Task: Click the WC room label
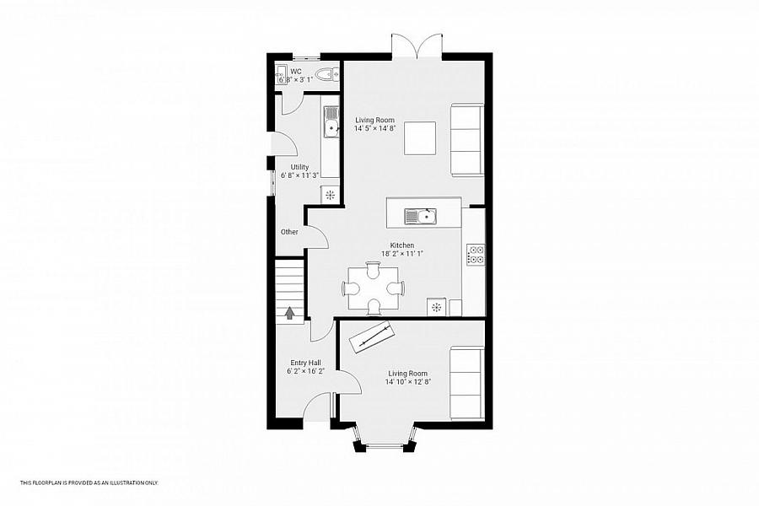click(x=296, y=71)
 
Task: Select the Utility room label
click(x=299, y=167)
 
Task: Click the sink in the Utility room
click(x=331, y=121)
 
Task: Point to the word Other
click(x=289, y=232)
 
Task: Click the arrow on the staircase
click(x=289, y=314)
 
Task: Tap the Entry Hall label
click(x=305, y=363)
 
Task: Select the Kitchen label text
click(x=401, y=245)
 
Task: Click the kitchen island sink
click(x=420, y=216)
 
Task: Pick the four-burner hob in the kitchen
click(x=475, y=255)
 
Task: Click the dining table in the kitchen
click(x=373, y=288)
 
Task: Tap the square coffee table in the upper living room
click(x=420, y=138)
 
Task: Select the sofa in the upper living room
click(x=466, y=139)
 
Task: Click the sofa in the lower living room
click(x=466, y=383)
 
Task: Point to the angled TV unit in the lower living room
click(x=372, y=336)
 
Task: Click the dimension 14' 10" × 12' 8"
click(x=407, y=381)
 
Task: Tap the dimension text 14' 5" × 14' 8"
click(x=374, y=129)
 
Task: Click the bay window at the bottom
click(x=385, y=439)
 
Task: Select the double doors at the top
click(x=417, y=46)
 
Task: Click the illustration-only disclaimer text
click(x=89, y=482)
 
